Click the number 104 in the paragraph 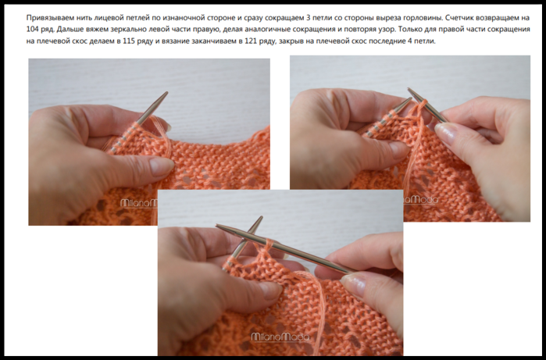coord(32,29)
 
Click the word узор coord(386,30)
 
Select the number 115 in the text coord(129,41)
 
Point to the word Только coord(410,29)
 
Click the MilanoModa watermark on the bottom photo coord(280,337)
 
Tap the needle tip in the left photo coord(166,93)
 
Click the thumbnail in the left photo coord(161,166)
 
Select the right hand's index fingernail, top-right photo coord(444,134)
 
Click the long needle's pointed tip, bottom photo coord(218,226)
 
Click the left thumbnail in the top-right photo coord(398,150)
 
